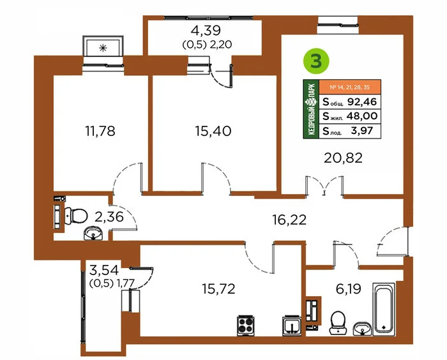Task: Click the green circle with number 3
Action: pos(316,61)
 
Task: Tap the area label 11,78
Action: pos(100,131)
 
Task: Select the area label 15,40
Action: pos(213,131)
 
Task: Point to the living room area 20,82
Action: pos(343,158)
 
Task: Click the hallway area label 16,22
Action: pos(289,220)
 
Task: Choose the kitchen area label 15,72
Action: pos(218,289)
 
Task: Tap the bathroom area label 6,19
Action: pos(349,289)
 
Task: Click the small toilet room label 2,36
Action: pos(109,217)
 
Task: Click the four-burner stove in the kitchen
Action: pos(245,326)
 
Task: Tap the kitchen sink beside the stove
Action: pos(291,326)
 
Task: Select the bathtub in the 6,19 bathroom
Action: pos(384,309)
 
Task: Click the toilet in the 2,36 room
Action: pos(76,216)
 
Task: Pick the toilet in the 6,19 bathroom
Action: pos(338,323)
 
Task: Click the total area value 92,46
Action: pos(362,101)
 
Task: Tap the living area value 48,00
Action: pos(362,116)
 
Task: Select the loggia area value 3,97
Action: pos(362,131)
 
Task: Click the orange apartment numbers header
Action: pos(350,87)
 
